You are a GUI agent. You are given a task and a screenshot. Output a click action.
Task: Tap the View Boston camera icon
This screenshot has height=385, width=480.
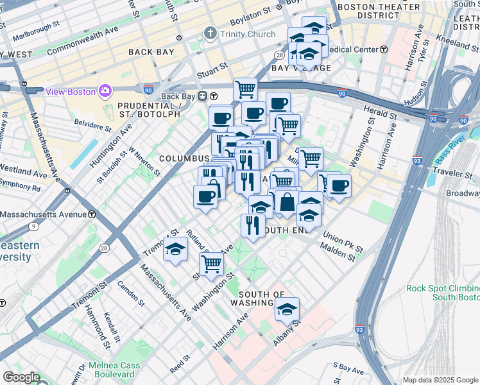pos(104,91)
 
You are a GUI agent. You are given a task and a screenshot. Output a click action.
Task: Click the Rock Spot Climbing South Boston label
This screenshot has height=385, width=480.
pos(443,293)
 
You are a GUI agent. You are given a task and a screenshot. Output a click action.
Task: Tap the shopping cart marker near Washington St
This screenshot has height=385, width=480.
pos(211,264)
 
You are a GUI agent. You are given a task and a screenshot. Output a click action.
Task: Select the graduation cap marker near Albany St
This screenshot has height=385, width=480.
pos(287,310)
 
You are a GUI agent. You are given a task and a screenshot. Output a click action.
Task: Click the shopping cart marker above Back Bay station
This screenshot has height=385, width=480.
pos(244,89)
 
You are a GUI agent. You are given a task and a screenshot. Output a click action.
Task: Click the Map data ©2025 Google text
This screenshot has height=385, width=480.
pos(440,380)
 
